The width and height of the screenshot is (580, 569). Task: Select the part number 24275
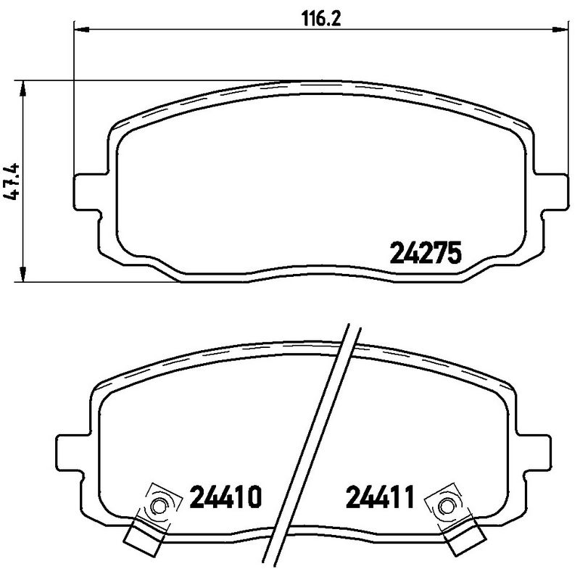[426, 254]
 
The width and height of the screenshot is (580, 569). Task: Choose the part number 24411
[379, 499]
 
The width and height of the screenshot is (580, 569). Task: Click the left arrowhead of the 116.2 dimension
[82, 30]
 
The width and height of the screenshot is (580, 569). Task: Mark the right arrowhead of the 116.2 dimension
[560, 30]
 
